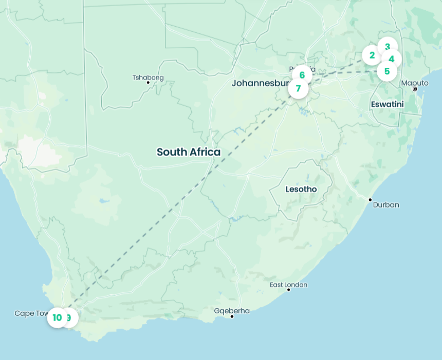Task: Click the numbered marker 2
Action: click(372, 55)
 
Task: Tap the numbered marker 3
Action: click(388, 47)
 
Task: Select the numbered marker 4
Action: click(392, 59)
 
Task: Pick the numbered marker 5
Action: click(387, 71)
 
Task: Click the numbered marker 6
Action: click(302, 75)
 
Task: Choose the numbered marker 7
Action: click(298, 88)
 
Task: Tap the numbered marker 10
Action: click(57, 317)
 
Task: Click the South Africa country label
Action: click(189, 152)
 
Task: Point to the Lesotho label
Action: click(301, 190)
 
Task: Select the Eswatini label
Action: click(387, 104)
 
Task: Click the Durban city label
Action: click(386, 205)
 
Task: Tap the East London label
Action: click(289, 285)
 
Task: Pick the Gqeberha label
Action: click(232, 311)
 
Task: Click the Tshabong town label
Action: click(148, 78)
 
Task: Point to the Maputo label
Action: click(415, 83)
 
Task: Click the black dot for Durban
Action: click(370, 199)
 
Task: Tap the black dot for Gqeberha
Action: click(232, 316)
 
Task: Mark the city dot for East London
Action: click(289, 290)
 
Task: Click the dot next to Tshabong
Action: click(148, 83)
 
